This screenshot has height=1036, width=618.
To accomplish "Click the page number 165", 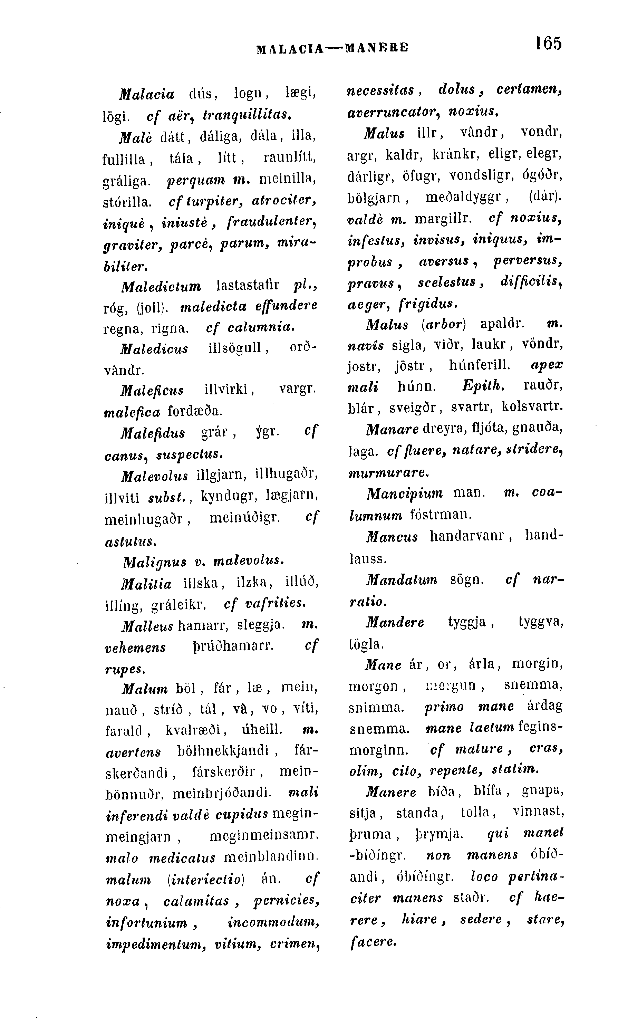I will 549,43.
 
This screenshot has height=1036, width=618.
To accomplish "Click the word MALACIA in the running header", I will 290,48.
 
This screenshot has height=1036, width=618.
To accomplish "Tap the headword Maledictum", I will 161,286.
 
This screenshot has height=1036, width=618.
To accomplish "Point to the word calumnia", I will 261,328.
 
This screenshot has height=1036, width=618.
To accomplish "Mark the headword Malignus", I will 155,562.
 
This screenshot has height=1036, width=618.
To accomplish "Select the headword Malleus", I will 147,626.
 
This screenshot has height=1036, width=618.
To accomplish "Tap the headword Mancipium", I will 404,493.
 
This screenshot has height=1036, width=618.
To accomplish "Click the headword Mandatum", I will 402,580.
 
